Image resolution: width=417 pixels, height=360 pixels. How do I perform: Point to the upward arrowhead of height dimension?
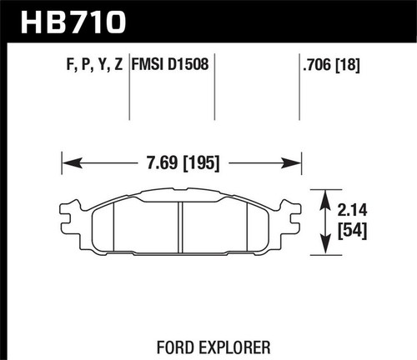(322, 194)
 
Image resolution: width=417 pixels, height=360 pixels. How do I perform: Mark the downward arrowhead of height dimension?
(322, 248)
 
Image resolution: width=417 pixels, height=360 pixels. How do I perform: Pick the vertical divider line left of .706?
(300, 96)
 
